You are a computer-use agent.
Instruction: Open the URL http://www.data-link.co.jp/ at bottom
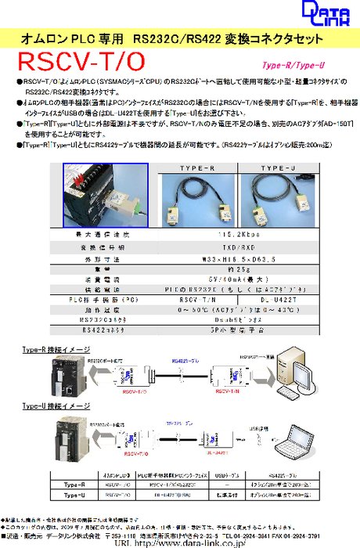click(180, 542)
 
